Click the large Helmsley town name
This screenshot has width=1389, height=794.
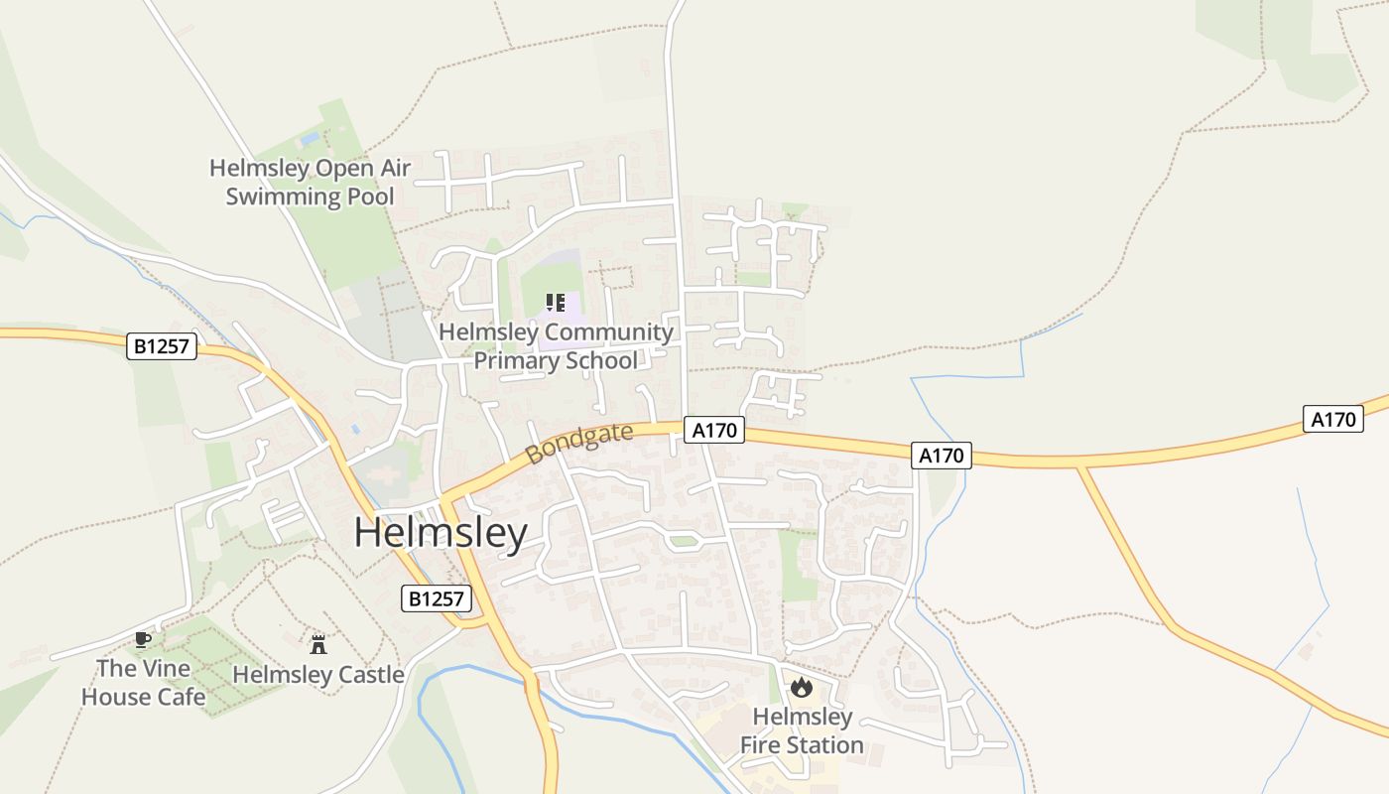(x=441, y=534)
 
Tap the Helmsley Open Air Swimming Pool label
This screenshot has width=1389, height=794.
(x=310, y=182)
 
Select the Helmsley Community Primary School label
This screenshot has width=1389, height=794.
(x=556, y=345)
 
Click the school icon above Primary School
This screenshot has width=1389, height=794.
(x=556, y=303)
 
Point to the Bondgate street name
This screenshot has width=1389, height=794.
(x=579, y=443)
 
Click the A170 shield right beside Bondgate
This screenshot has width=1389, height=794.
(x=714, y=430)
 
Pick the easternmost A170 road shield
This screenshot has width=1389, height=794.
(x=1332, y=419)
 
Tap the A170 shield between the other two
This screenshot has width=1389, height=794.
(x=942, y=456)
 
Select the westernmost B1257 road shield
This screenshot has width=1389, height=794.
(x=164, y=346)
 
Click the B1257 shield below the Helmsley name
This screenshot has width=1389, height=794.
(x=437, y=598)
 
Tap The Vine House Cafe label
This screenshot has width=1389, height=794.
(x=143, y=682)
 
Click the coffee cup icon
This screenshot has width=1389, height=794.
(x=143, y=639)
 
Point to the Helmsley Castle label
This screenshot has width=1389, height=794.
(x=318, y=675)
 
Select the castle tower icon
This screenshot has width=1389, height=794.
(x=318, y=645)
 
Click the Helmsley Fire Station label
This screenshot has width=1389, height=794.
(x=802, y=730)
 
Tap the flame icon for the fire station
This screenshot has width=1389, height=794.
(x=802, y=687)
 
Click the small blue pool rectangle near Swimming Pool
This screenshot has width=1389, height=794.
(x=311, y=139)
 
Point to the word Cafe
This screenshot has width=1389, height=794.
(x=180, y=697)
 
